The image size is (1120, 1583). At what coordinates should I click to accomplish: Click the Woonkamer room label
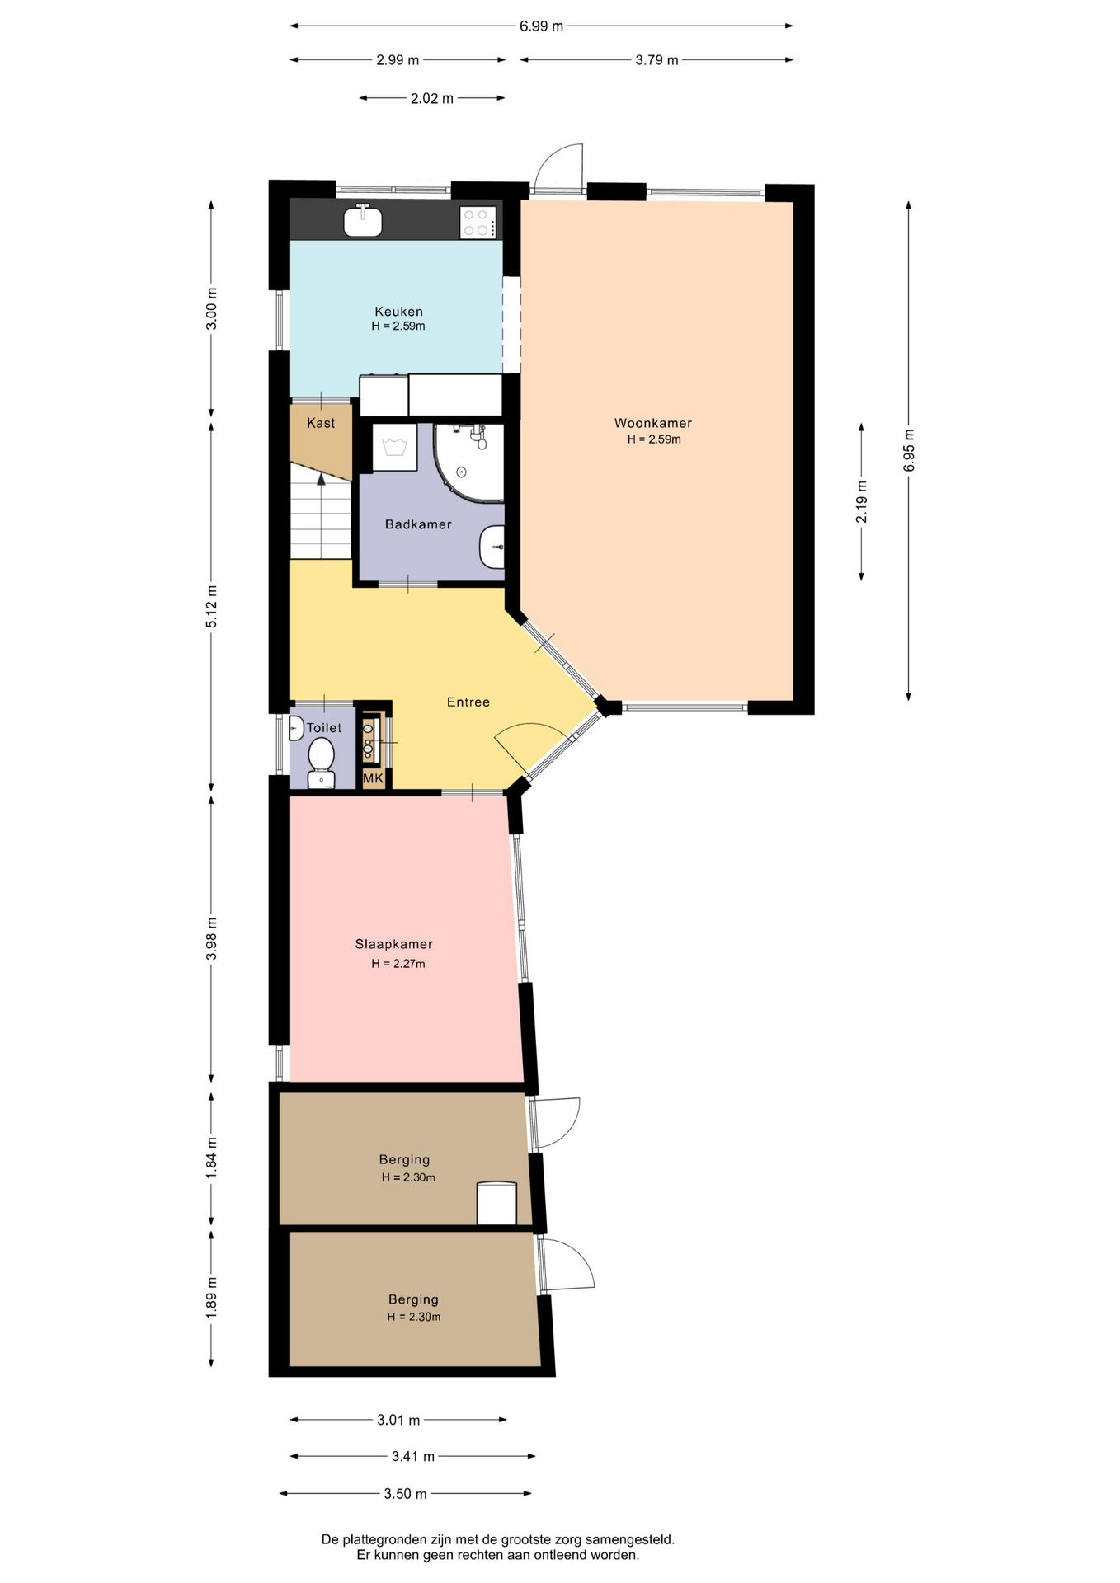click(x=652, y=423)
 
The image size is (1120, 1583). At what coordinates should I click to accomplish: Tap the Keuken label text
click(x=398, y=312)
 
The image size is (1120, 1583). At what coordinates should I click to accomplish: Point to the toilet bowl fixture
click(x=321, y=763)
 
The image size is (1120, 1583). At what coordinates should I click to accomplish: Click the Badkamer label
click(x=418, y=524)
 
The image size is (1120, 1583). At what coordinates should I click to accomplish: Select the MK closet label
click(x=373, y=777)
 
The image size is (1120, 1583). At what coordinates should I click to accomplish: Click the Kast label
click(x=321, y=423)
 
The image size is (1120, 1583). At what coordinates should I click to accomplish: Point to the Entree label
click(x=468, y=702)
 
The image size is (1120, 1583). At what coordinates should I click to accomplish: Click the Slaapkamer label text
click(x=393, y=944)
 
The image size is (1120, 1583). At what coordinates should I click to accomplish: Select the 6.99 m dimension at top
click(x=541, y=26)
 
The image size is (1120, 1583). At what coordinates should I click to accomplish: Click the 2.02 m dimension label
click(x=432, y=98)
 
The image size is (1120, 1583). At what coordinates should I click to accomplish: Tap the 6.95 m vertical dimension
click(x=909, y=451)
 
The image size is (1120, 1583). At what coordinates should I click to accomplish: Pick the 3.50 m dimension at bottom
click(x=405, y=1493)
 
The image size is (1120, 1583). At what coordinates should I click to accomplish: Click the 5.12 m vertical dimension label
click(x=212, y=607)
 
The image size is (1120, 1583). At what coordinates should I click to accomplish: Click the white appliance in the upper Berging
click(x=496, y=1203)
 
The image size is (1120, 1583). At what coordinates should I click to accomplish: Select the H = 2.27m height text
click(x=398, y=964)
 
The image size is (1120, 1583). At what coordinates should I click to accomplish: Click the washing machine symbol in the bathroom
click(x=394, y=448)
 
